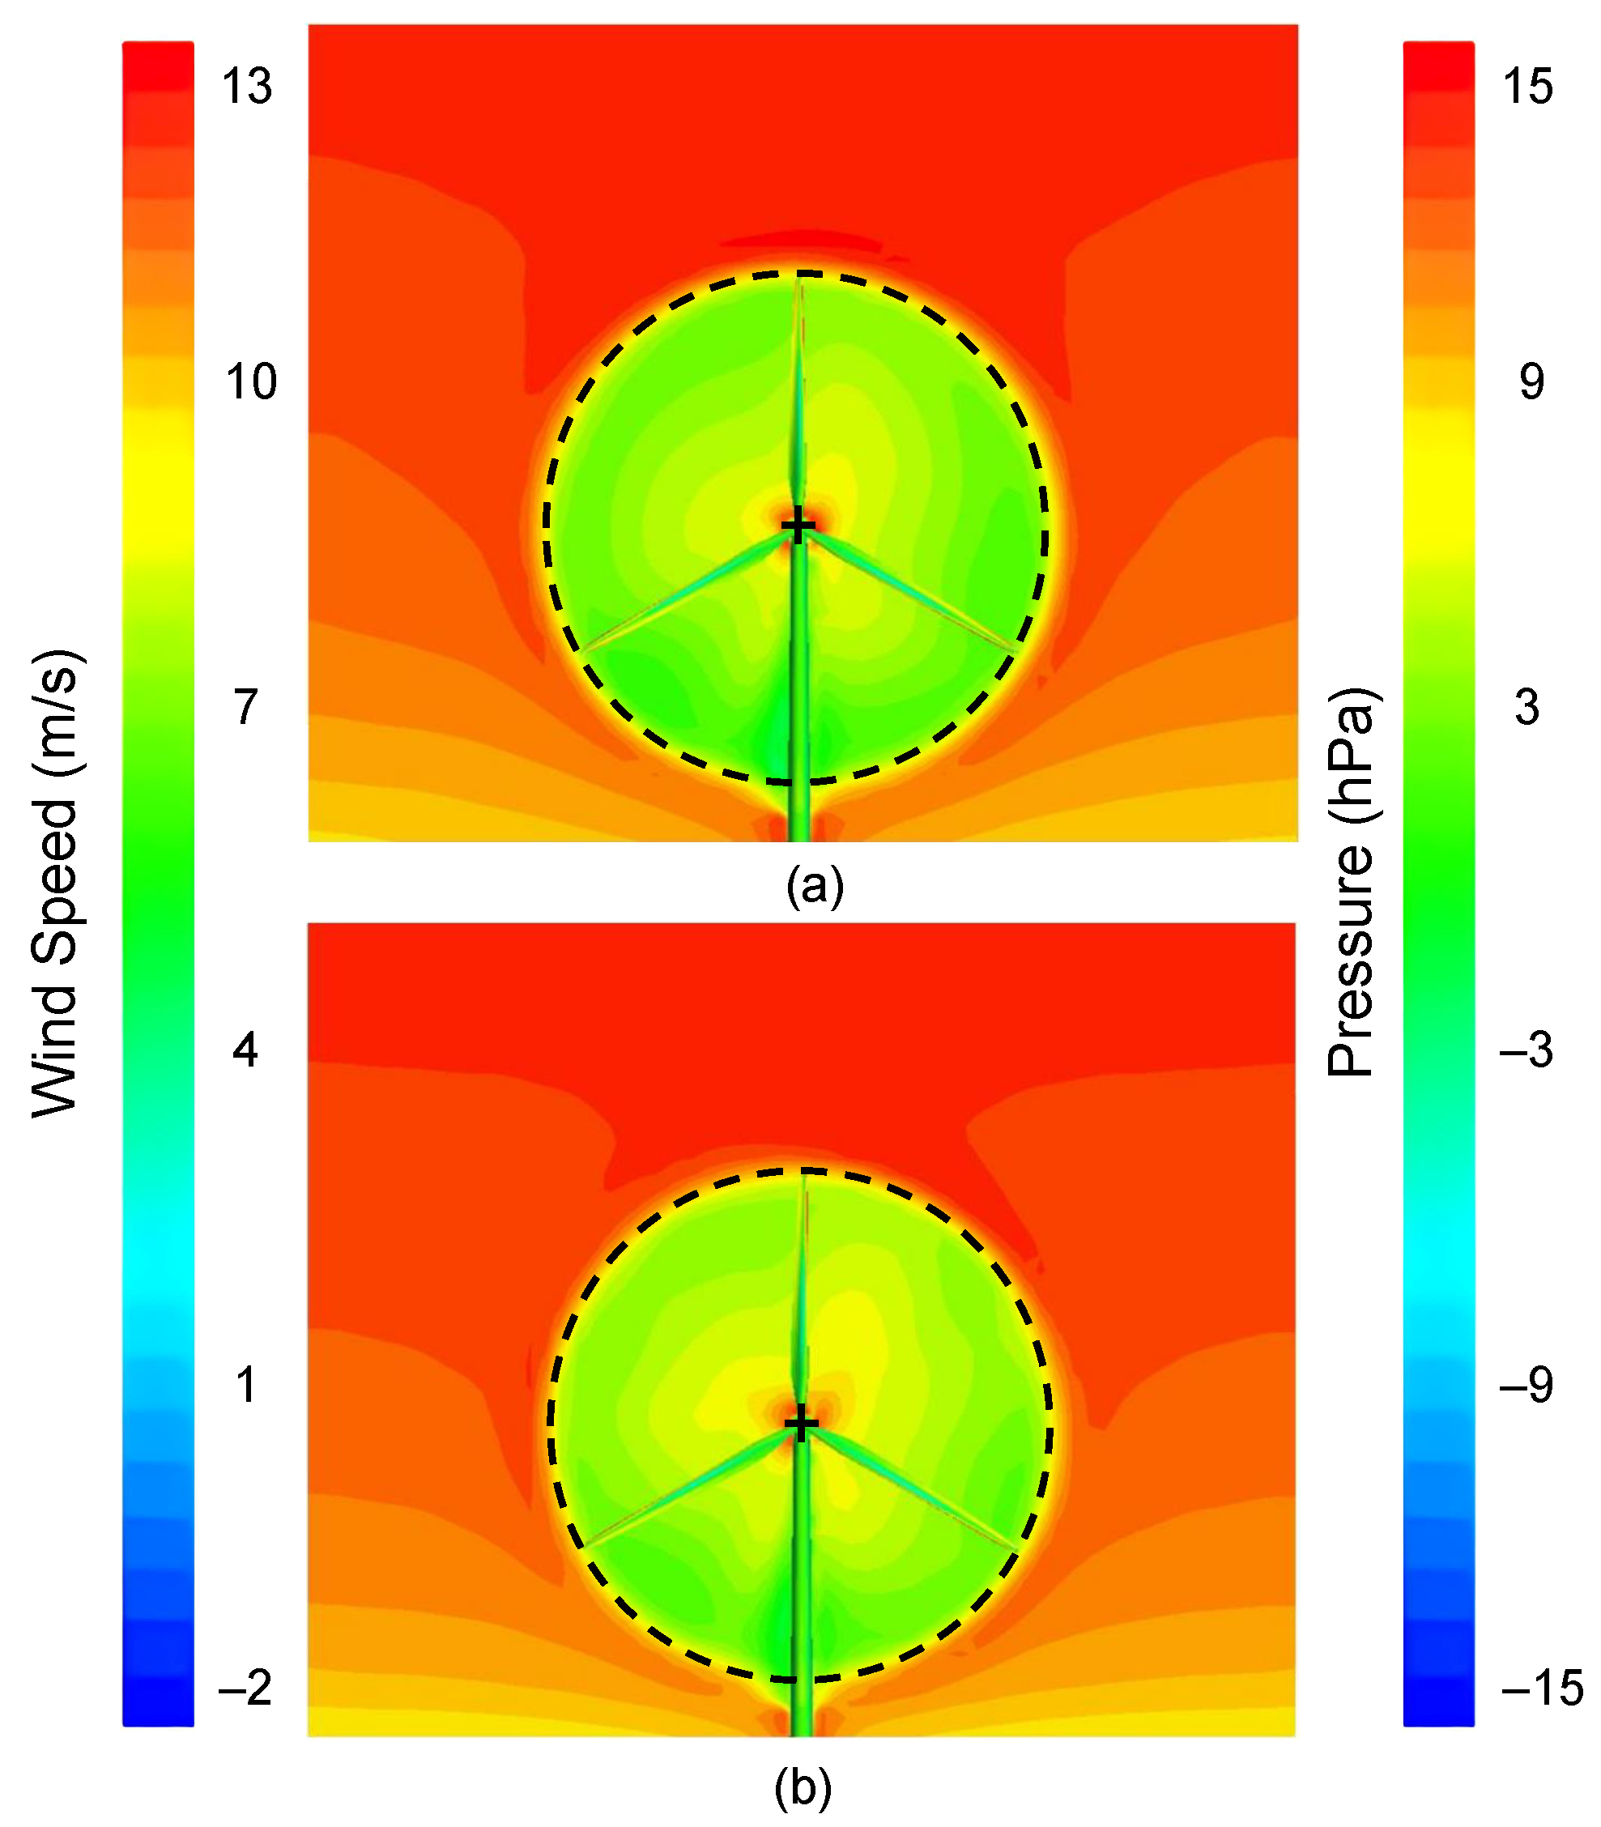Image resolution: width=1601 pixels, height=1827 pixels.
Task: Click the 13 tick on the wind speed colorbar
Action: pyautogui.click(x=246, y=87)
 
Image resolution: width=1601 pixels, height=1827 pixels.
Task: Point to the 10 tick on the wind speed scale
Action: pyautogui.click(x=251, y=381)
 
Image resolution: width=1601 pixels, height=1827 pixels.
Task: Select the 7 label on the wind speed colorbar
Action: pyautogui.click(x=245, y=707)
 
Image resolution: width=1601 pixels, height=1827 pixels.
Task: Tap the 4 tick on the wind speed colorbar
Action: pyautogui.click(x=245, y=1050)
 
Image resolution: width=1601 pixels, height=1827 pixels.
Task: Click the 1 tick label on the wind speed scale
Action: pyautogui.click(x=245, y=1385)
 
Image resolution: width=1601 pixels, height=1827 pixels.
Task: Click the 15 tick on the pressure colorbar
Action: pyautogui.click(x=1528, y=87)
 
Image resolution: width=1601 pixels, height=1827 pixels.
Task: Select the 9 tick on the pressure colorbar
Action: pyautogui.click(x=1531, y=381)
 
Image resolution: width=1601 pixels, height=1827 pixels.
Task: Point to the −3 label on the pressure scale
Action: pyautogui.click(x=1526, y=1050)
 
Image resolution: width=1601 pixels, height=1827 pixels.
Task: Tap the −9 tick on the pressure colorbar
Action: pyautogui.click(x=1526, y=1385)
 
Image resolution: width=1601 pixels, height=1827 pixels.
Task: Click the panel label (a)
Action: pyautogui.click(x=815, y=885)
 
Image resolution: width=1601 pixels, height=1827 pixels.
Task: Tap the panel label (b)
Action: pyautogui.click(x=803, y=1787)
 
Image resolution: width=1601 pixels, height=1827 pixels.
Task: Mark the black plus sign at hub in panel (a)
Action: pyautogui.click(x=798, y=526)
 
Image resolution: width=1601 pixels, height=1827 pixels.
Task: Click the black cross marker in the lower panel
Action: pyautogui.click(x=800, y=1423)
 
